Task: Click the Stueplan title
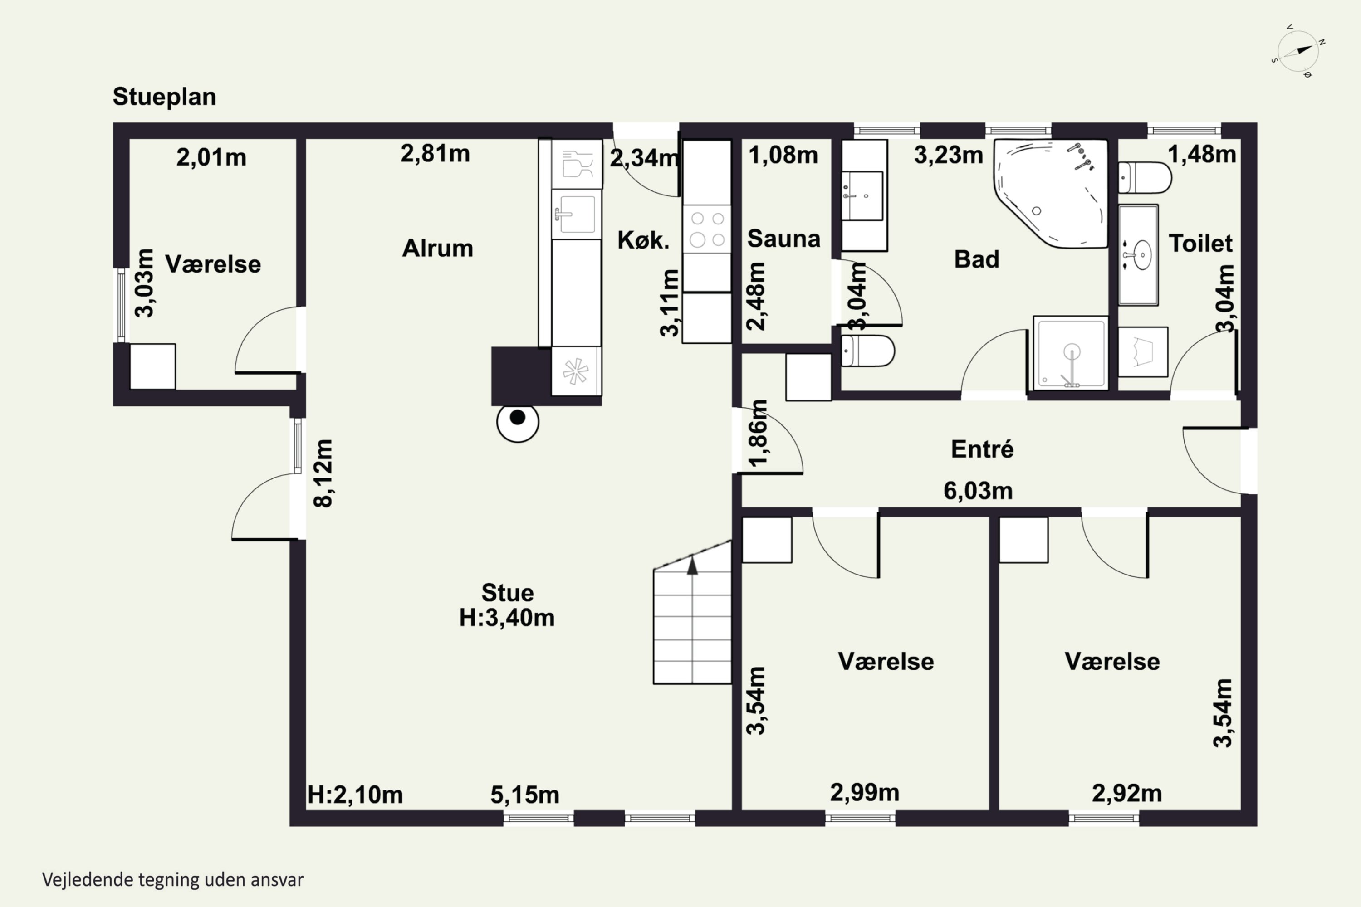click(x=164, y=97)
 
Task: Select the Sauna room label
click(x=784, y=239)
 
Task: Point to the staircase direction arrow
click(x=692, y=565)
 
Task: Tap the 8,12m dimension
click(x=323, y=473)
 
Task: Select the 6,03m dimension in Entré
click(x=978, y=491)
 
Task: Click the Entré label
click(x=983, y=449)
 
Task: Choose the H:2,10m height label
click(x=355, y=795)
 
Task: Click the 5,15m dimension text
click(x=525, y=795)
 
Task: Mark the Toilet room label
click(x=1201, y=243)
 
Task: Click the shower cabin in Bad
click(x=1071, y=353)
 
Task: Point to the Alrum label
click(x=437, y=248)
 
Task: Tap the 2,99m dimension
click(x=865, y=792)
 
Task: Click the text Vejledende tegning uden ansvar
click(x=173, y=880)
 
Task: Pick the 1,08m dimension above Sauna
click(x=783, y=155)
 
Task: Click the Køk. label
click(x=643, y=239)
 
